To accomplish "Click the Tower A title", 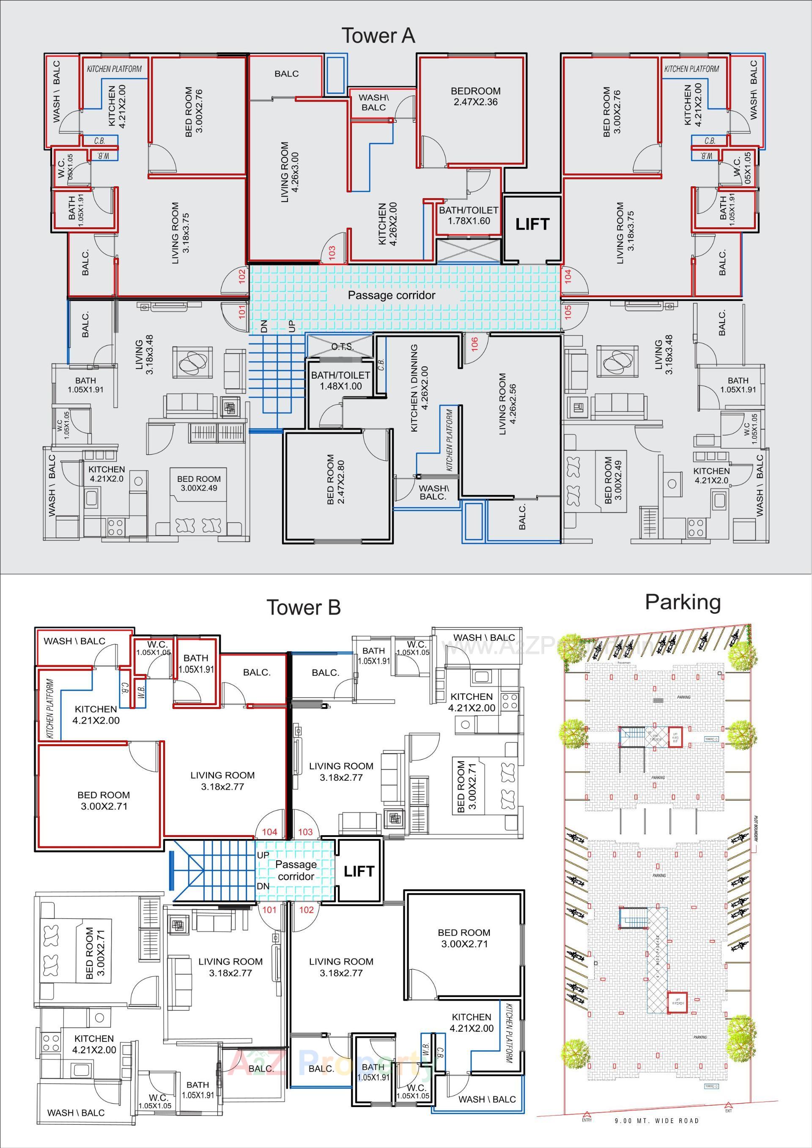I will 378,36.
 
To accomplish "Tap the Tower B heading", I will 303,607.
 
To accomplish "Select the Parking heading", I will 683,601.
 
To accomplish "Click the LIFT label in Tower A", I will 532,224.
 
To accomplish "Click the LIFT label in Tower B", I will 359,872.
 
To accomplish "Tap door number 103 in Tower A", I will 332,251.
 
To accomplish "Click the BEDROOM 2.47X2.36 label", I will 475,96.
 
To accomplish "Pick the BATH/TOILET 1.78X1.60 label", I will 468,216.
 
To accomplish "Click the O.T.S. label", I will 342,347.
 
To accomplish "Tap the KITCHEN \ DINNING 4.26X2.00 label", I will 419,388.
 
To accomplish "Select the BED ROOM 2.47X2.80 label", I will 336,479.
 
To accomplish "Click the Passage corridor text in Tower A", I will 391,295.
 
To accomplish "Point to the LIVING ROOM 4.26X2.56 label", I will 507,404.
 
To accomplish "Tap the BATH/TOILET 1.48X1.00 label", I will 340,380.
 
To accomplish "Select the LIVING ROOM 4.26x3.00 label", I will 289,172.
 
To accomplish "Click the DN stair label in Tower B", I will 263,886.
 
